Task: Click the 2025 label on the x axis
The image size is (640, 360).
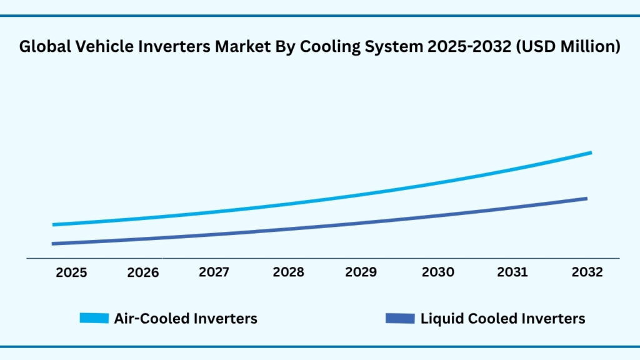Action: tap(71, 272)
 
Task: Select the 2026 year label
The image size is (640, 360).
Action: tap(143, 272)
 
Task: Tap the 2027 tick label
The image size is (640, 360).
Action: tap(214, 272)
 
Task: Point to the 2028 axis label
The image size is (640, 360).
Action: tap(288, 272)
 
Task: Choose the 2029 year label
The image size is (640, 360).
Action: tap(361, 272)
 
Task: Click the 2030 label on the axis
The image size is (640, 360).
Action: tap(437, 272)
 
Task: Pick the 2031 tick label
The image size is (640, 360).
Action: tap(512, 272)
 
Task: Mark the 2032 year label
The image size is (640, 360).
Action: tap(587, 272)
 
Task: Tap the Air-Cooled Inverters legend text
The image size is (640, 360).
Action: tap(186, 319)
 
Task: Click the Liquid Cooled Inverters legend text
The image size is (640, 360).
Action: tap(502, 319)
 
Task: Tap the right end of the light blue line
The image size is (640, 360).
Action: tap(590, 152)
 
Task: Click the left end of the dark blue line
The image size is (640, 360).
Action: tap(54, 244)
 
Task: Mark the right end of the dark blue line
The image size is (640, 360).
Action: tap(586, 199)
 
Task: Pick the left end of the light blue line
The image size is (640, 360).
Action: tap(54, 224)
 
